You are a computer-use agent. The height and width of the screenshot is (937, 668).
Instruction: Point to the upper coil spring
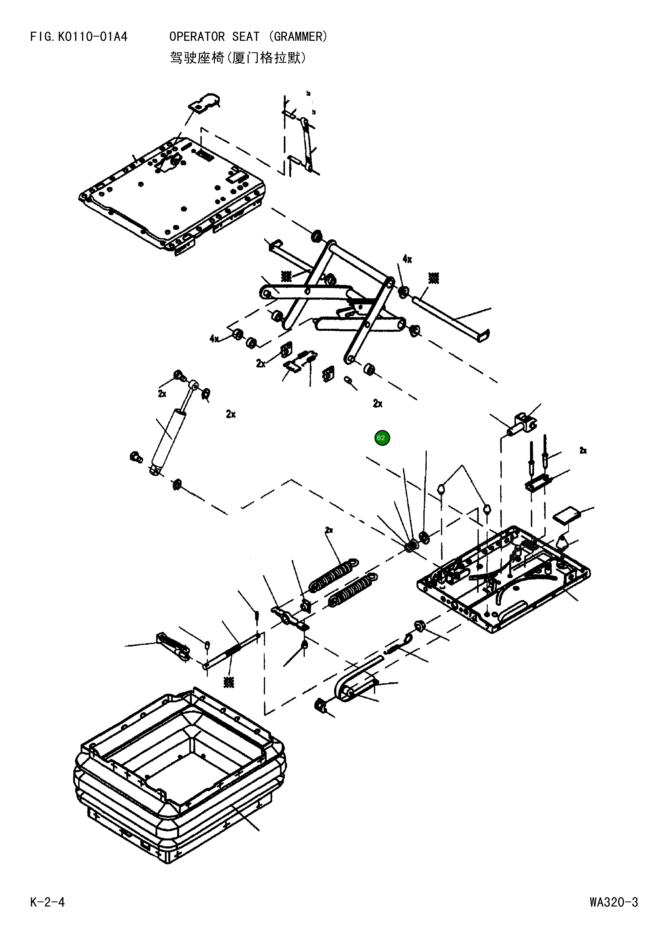pyautogui.click(x=333, y=575)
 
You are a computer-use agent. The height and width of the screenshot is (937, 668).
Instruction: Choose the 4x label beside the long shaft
pyautogui.click(x=407, y=259)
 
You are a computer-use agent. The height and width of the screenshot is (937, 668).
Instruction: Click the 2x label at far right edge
pyautogui.click(x=583, y=451)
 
